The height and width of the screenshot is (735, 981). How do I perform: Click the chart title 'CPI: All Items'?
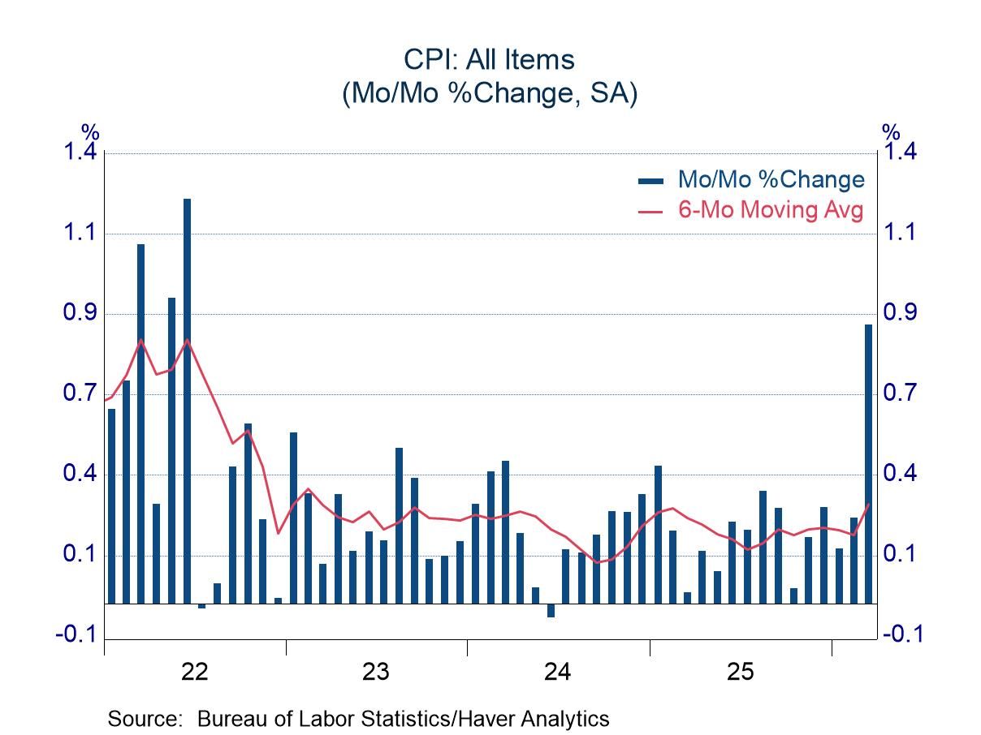point(490,59)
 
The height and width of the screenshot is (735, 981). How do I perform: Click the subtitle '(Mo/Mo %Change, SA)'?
point(490,93)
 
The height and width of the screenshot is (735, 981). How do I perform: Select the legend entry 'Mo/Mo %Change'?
point(771,179)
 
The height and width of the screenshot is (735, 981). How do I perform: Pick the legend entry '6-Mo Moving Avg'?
point(771,210)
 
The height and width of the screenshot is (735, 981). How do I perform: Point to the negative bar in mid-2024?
point(551,611)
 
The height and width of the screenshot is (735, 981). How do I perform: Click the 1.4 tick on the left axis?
point(80,153)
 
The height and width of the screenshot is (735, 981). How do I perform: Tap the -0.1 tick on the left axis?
point(76,634)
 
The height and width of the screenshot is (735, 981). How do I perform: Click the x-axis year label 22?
point(195,672)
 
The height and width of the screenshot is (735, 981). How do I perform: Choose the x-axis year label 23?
point(376,672)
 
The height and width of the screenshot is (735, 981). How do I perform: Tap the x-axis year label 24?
point(558,672)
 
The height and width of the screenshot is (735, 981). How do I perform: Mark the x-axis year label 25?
point(740,672)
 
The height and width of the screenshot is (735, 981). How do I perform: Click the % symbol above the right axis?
point(891,131)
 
